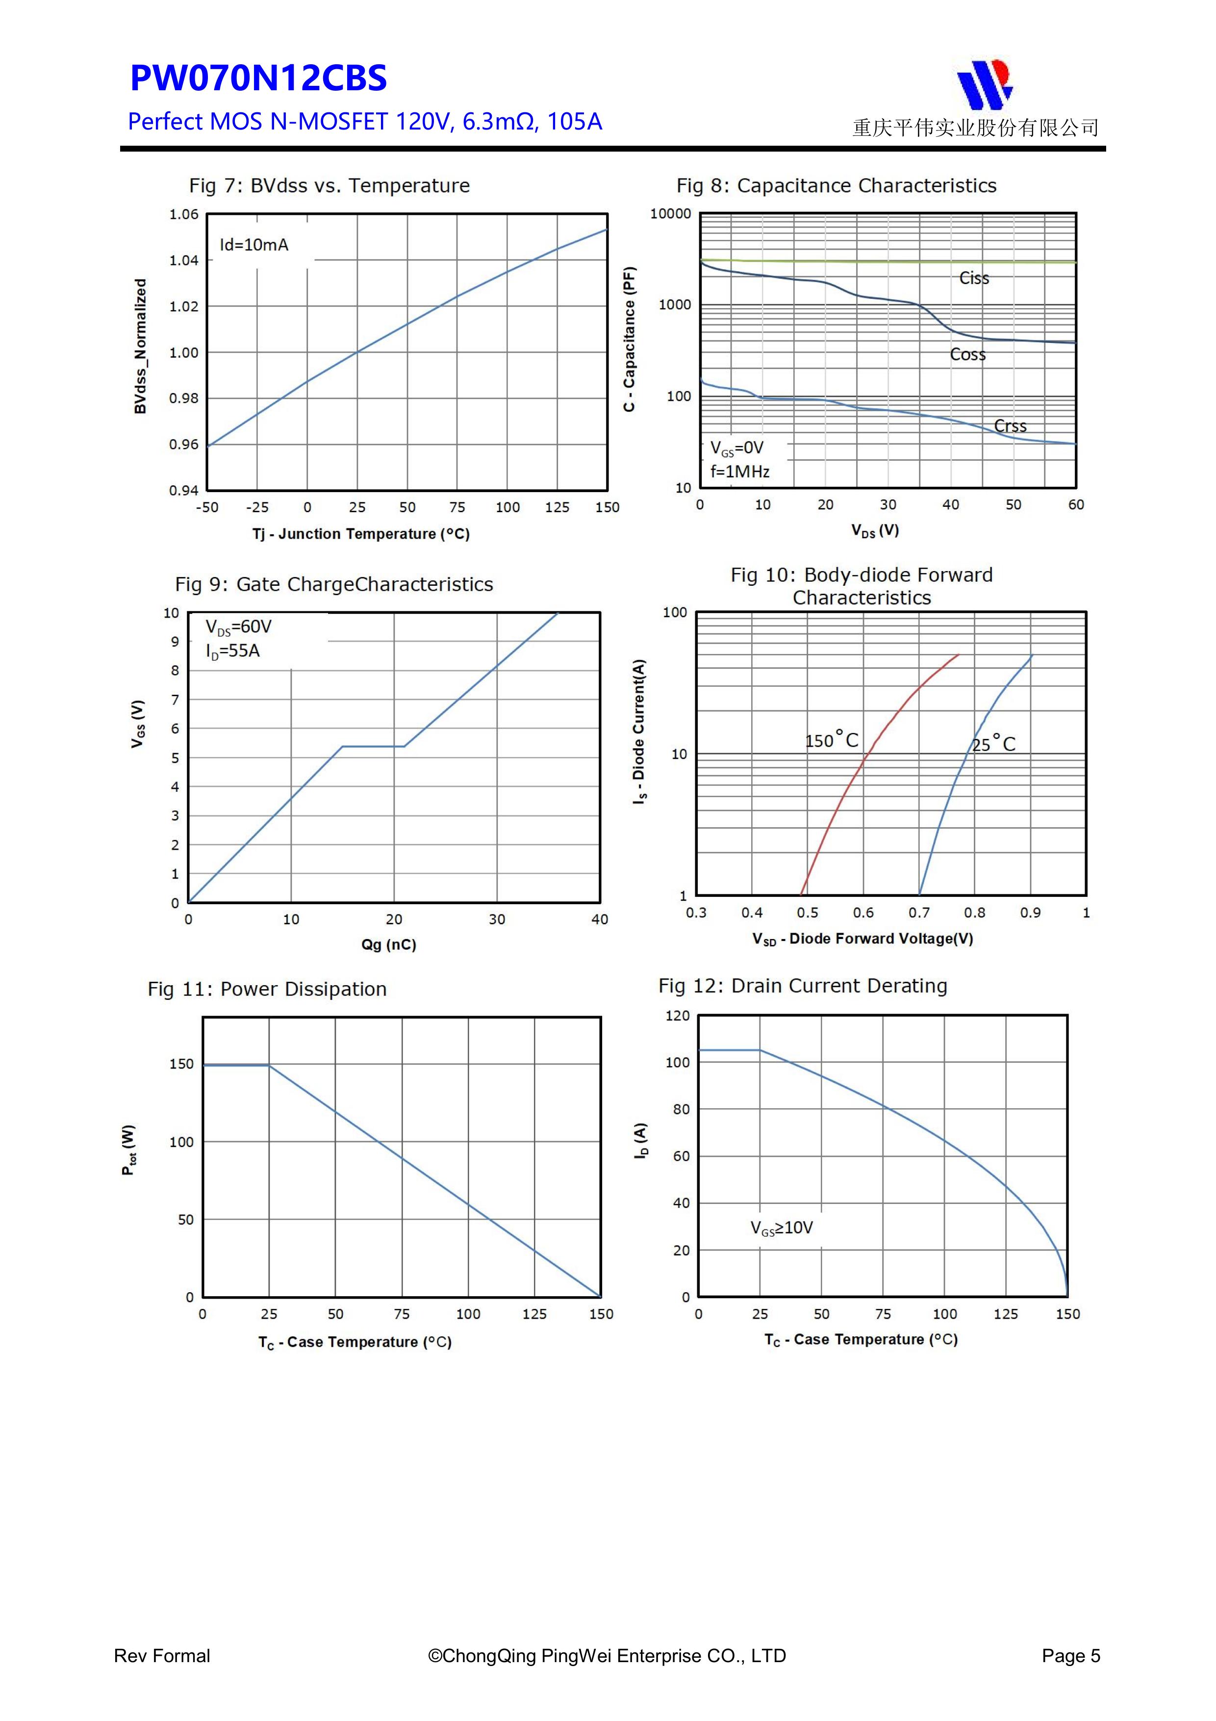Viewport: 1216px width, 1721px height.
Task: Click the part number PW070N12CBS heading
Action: (258, 78)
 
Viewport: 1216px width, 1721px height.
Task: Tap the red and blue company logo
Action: (985, 83)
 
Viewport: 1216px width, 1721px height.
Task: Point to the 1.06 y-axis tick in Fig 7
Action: (183, 215)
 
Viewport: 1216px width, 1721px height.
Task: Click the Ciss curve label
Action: (973, 278)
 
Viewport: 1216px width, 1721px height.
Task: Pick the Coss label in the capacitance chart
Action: (967, 355)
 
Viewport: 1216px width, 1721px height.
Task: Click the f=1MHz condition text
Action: (739, 471)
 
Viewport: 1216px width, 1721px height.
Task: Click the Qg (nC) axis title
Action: (388, 944)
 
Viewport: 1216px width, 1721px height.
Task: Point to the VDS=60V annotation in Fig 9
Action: (238, 626)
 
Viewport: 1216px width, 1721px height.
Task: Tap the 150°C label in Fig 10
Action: (831, 741)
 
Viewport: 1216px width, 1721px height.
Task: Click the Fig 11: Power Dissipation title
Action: (267, 990)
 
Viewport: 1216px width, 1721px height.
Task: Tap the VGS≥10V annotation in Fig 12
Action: (782, 1228)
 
